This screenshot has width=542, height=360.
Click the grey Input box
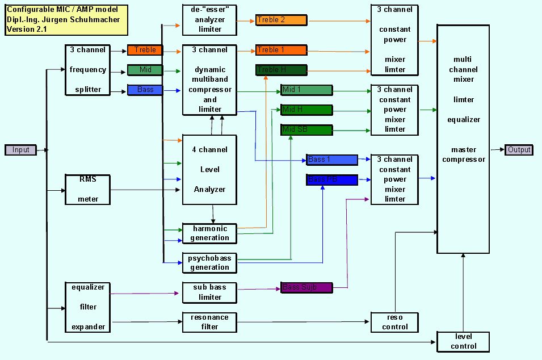(21, 150)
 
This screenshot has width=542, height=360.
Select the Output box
(519, 150)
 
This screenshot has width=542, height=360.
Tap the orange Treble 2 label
(281, 20)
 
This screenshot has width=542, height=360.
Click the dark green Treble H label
(281, 70)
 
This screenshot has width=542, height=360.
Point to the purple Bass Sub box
(306, 288)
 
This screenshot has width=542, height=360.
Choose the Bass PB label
(332, 180)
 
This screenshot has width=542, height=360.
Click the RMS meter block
(87, 189)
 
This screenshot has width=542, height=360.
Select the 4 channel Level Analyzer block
(209, 169)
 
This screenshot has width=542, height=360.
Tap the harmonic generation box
(209, 233)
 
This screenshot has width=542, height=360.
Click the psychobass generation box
(209, 262)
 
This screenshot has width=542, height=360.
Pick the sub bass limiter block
(209, 292)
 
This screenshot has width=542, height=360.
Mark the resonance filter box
(209, 322)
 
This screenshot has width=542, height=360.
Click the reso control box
(395, 322)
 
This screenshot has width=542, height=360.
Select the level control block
(463, 341)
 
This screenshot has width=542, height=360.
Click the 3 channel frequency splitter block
(87, 70)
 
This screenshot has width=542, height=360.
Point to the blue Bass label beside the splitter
(145, 90)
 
